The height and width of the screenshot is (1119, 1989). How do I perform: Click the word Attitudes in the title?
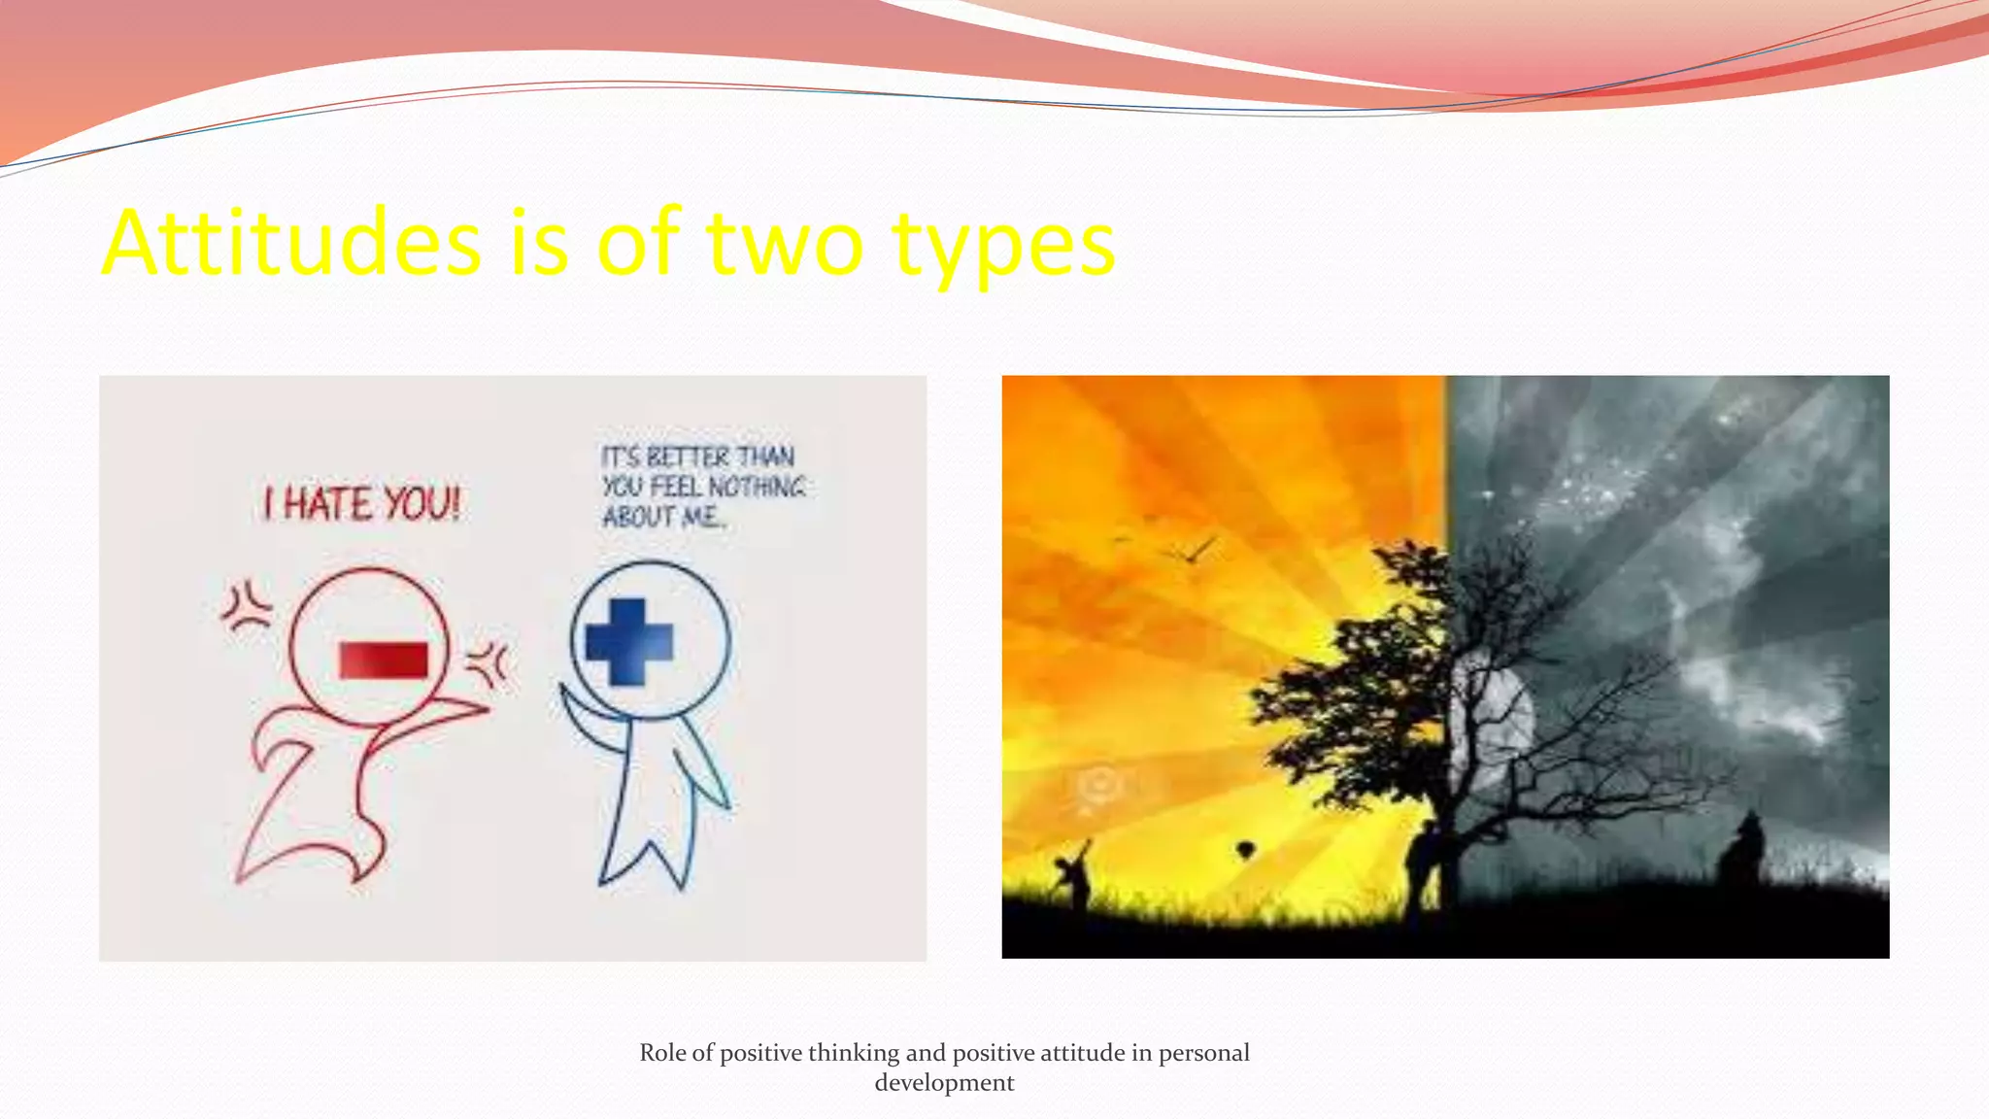(x=291, y=243)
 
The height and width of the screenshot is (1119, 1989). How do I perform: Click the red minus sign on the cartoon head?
(x=384, y=661)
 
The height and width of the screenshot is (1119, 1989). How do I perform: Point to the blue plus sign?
(x=628, y=642)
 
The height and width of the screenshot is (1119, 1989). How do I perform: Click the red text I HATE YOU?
(x=361, y=505)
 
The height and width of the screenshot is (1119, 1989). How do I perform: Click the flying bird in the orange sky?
(x=1195, y=552)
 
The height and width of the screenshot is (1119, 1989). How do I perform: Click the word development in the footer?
(x=944, y=1083)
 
